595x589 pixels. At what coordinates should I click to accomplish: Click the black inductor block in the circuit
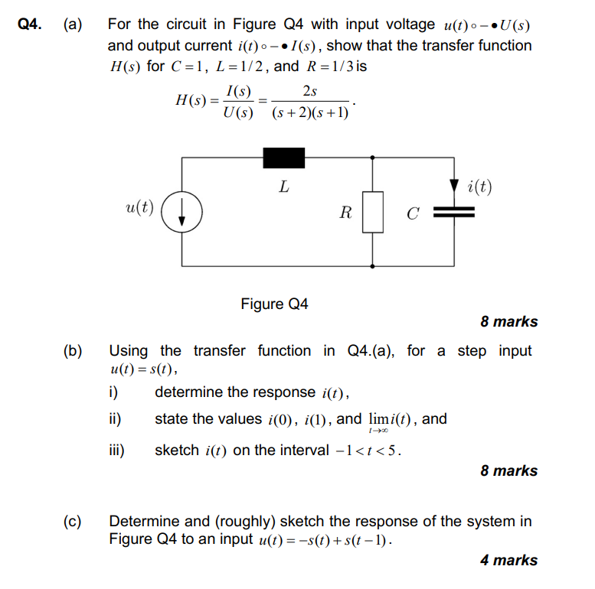[x=284, y=158]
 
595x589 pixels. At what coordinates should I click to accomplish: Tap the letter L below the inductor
[x=283, y=186]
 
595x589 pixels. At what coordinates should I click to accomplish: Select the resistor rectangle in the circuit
[x=372, y=212]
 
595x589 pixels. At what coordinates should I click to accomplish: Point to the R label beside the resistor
[x=345, y=213]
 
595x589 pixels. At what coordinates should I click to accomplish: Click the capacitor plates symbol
[x=455, y=213]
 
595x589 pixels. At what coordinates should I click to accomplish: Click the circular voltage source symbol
[x=181, y=212]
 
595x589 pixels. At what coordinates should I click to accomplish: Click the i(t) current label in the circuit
[x=479, y=187]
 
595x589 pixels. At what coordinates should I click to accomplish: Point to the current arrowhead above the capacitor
[x=455, y=185]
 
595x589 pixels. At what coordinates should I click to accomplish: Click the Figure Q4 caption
[x=274, y=304]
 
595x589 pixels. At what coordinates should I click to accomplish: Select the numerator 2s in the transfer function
[x=310, y=91]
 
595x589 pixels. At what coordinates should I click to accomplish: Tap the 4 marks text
[x=508, y=560]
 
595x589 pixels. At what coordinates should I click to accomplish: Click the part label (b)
[x=74, y=351]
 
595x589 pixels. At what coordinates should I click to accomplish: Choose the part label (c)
[x=74, y=522]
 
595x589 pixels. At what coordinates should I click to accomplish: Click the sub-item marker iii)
[x=116, y=450]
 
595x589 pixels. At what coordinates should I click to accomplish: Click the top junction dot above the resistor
[x=372, y=158]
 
